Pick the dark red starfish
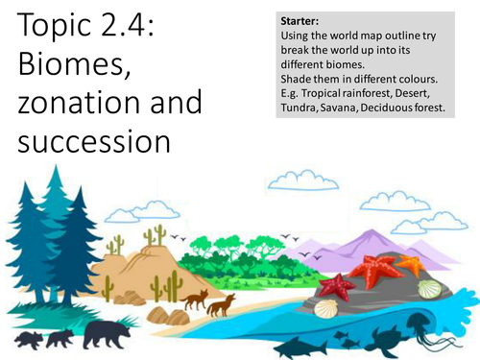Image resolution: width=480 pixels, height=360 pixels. pyautogui.click(x=337, y=284)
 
